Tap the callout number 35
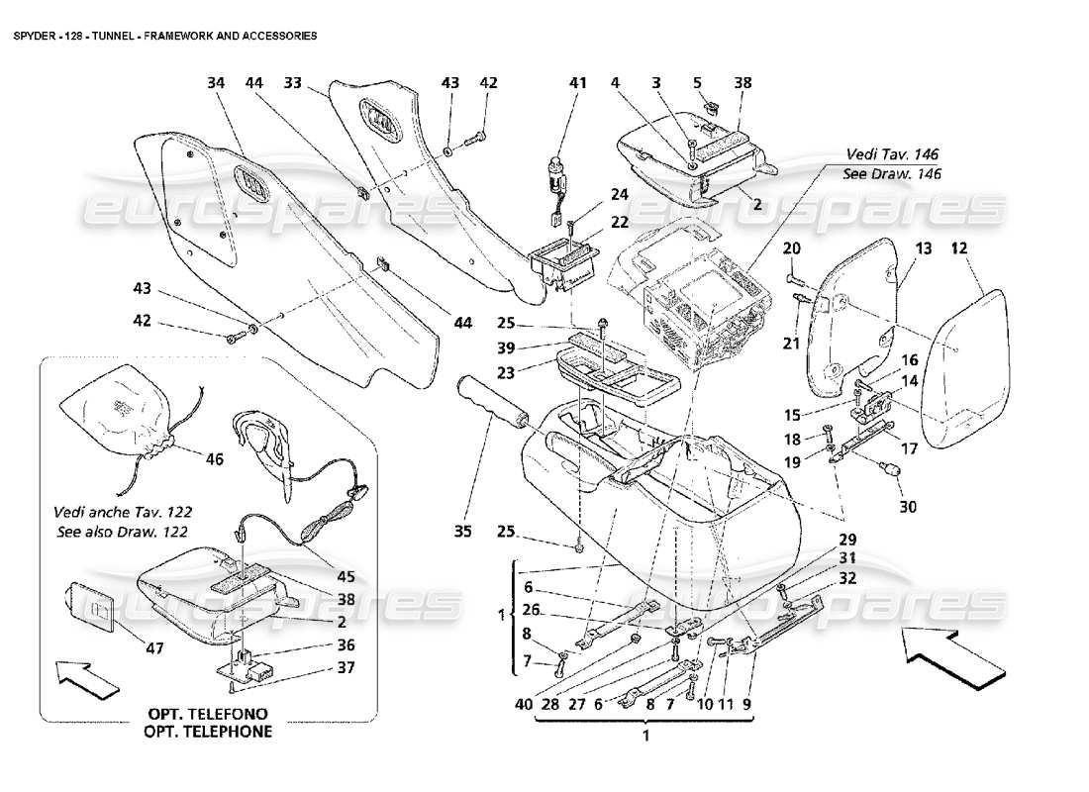[462, 533]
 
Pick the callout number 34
[216, 83]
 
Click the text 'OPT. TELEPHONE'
[209, 732]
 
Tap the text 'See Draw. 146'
[892, 173]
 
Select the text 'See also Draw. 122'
[124, 531]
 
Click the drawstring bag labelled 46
[119, 406]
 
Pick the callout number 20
[792, 247]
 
